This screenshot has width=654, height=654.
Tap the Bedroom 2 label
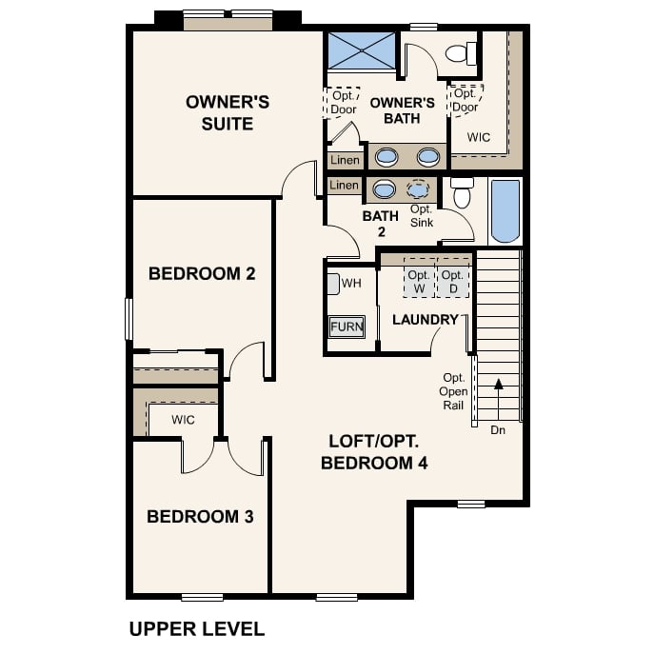tap(202, 274)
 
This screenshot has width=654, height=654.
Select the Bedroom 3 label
tap(199, 517)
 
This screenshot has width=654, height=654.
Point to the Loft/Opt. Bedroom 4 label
tap(374, 452)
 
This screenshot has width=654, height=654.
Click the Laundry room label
tap(426, 320)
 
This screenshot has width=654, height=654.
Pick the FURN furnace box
tap(347, 327)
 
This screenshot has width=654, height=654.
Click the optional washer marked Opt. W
tap(419, 281)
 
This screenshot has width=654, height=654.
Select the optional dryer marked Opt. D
tap(453, 281)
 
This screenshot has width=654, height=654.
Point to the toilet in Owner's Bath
tap(462, 52)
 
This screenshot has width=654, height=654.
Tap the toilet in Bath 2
tap(462, 193)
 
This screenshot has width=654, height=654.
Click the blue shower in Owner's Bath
tap(361, 49)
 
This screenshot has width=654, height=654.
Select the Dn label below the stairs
tap(498, 430)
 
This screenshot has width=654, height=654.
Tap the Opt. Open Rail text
tap(454, 391)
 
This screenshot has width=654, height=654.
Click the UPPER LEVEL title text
tap(196, 628)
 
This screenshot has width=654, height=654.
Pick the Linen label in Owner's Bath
tap(346, 160)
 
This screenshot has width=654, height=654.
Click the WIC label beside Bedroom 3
tap(184, 420)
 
